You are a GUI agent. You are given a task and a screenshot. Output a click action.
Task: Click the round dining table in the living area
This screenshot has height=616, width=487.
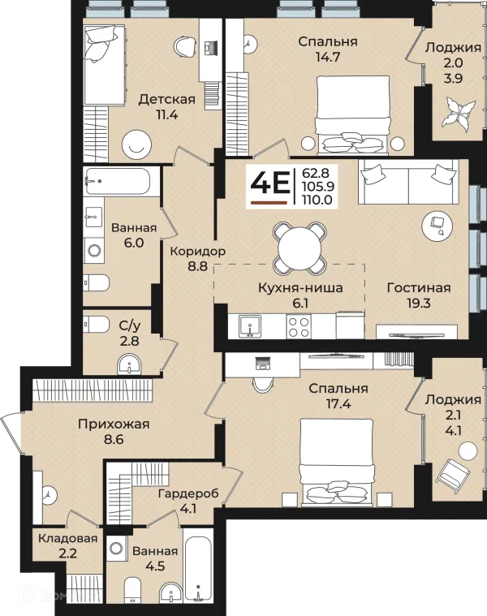coord(300,248)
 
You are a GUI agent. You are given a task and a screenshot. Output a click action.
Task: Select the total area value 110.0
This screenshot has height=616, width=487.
coord(317,200)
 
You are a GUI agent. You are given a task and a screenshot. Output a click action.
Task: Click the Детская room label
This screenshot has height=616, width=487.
coord(166,99)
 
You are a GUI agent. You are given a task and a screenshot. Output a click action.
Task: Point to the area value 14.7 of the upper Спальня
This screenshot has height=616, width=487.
coord(328,57)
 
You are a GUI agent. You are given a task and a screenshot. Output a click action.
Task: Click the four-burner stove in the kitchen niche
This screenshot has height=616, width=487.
coord(299,326)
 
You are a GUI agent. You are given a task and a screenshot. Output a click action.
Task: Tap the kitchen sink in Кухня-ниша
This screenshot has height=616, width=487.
coord(250,326)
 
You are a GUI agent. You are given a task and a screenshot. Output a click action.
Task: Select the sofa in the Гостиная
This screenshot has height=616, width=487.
coord(408,182)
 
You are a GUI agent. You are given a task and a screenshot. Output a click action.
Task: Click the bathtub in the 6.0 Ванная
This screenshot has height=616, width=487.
coord(117,182)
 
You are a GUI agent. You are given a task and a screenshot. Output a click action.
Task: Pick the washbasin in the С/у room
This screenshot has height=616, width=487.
coord(129,365)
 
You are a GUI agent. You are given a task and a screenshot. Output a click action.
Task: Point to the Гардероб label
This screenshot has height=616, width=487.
coord(188,493)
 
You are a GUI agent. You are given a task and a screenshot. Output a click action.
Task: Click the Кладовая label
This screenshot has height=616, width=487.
coord(67,538)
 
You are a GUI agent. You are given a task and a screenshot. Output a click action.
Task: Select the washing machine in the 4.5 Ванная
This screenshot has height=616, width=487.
coord(117,549)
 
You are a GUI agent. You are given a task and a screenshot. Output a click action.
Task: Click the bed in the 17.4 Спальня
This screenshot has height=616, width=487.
coord(336,462)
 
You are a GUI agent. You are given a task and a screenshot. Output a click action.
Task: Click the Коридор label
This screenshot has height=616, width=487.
coord(197,251)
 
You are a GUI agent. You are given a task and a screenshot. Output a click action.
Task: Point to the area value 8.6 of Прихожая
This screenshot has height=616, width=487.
coord(114,439)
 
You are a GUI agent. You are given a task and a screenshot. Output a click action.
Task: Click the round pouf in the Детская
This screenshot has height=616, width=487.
coord(136,144)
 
